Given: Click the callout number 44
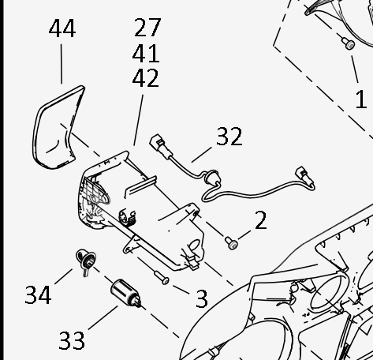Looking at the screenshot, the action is click(x=62, y=28).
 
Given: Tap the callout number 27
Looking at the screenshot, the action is click(x=147, y=27).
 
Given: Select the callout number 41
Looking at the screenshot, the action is click(x=146, y=54).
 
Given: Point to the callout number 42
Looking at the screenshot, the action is click(x=146, y=78).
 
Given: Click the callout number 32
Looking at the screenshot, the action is click(x=229, y=137).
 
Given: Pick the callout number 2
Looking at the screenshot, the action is click(x=261, y=220).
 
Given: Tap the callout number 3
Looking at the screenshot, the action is click(x=202, y=298).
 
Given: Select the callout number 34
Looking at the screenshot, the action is click(x=38, y=295).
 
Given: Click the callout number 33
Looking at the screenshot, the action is click(x=72, y=340).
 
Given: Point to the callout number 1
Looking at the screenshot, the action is click(x=361, y=99).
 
